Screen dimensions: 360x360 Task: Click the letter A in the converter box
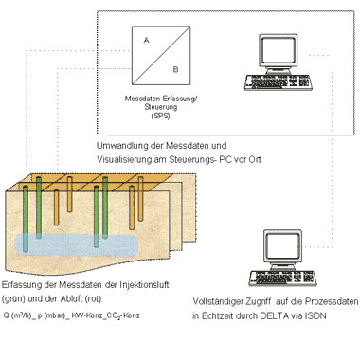click(146, 41)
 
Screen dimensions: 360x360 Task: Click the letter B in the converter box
click(176, 69)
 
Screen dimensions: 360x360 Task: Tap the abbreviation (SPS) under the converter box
click(160, 116)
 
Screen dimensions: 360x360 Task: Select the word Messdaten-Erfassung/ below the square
click(161, 99)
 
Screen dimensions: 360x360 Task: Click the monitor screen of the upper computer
click(278, 50)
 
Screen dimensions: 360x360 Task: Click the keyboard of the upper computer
click(278, 82)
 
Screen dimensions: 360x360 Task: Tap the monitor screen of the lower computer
click(282, 246)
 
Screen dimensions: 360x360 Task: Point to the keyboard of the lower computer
click(282, 279)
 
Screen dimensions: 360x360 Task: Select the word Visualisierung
click(124, 159)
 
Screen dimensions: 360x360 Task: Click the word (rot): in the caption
click(94, 299)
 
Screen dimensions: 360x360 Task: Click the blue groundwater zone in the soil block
click(77, 245)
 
